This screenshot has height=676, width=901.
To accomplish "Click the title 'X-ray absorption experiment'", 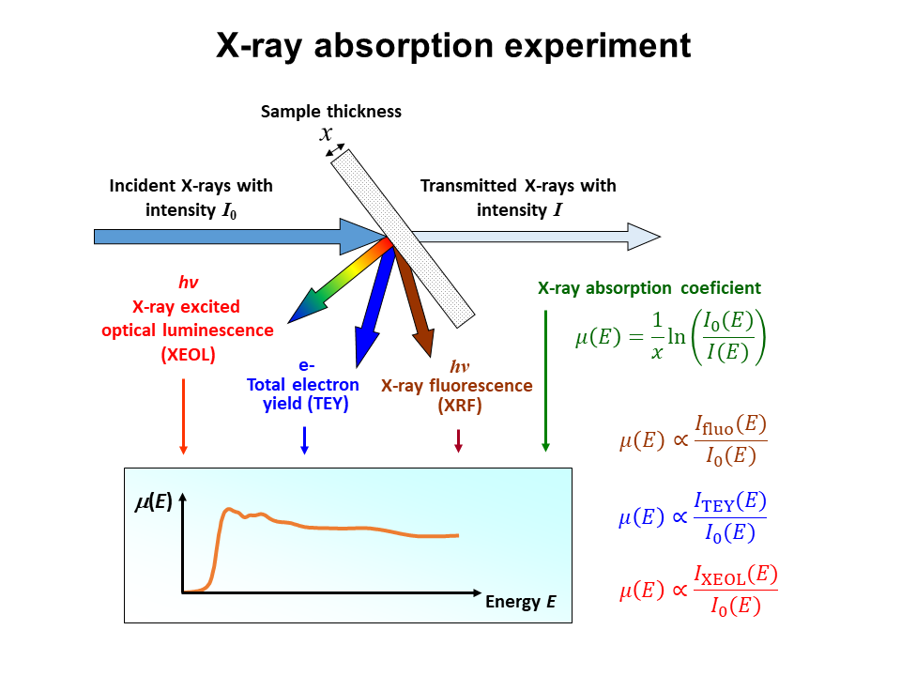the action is [453, 45].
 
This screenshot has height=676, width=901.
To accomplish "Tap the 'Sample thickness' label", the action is [331, 112].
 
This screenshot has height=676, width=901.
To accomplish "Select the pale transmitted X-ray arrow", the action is [537, 237].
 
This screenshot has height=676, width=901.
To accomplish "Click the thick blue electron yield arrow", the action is [374, 308].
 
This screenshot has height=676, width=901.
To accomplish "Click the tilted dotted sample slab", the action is [403, 238].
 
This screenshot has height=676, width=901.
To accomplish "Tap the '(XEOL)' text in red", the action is [188, 355].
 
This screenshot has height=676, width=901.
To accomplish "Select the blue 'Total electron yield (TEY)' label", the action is [303, 393].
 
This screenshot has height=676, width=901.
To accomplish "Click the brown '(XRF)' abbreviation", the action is [460, 406].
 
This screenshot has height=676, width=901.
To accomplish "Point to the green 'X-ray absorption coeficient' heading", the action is [649, 287].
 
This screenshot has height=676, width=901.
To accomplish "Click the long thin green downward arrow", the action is [546, 380].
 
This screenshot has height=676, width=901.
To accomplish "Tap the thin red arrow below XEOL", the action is [183, 417].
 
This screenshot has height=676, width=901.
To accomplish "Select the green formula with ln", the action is [670, 337].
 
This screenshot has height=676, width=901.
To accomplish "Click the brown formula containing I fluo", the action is [693, 440].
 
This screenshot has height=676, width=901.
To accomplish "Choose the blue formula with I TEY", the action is [693, 516].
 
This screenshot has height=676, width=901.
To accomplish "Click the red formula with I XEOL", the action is [698, 590].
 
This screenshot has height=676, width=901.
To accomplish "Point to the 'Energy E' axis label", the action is [521, 602].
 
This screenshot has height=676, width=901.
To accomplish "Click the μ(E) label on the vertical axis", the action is [153, 501].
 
